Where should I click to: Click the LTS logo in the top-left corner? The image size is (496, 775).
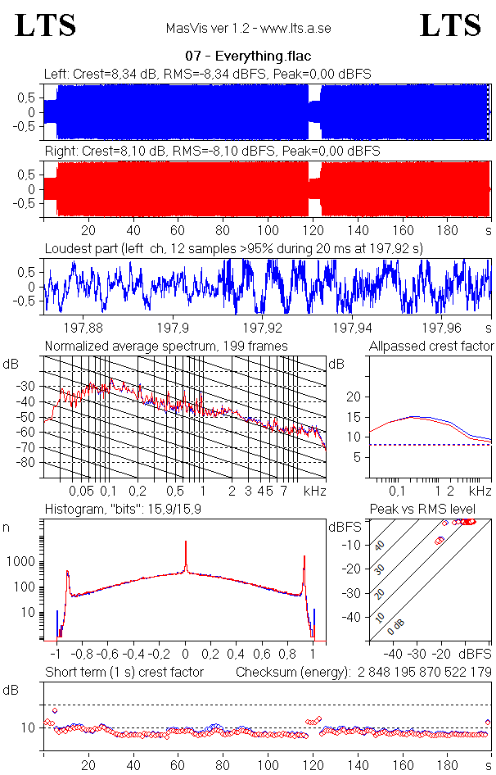(46, 25)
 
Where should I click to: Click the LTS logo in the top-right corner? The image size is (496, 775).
(450, 25)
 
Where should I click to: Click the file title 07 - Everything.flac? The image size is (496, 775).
(247, 57)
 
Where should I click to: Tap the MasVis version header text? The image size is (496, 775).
(248, 29)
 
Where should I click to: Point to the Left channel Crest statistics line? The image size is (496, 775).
(208, 74)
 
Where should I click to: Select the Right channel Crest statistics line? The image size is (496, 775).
(212, 151)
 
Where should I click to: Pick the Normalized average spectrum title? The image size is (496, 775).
(166, 346)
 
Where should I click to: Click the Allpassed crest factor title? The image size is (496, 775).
(431, 346)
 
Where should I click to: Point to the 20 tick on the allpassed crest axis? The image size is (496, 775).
(354, 397)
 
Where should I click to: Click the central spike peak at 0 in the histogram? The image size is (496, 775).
(186, 542)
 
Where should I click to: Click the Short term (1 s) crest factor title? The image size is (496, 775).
(124, 672)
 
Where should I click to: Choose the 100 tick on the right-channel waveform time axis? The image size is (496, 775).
(267, 230)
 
